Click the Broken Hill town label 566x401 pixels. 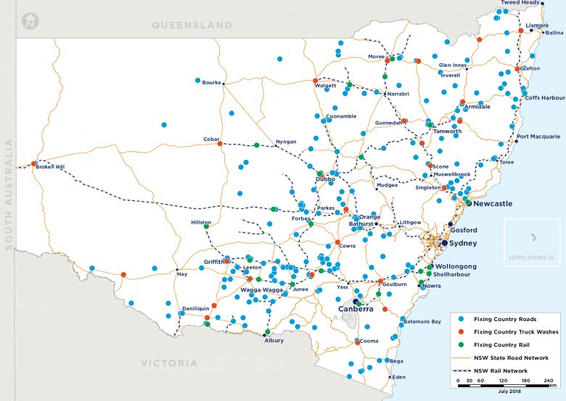coord(50,167)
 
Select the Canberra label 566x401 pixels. coord(356,309)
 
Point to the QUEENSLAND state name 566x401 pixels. coord(191,25)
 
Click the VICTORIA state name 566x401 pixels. coord(168,362)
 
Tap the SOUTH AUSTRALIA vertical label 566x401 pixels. coord(9,194)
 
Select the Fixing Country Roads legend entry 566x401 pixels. coord(506,319)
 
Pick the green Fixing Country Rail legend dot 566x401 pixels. coord(459,345)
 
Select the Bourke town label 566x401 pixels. coord(211,83)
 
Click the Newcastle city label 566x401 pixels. coord(493,204)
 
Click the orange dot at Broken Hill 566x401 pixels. coord(33,163)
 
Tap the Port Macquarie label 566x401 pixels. coord(538,137)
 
